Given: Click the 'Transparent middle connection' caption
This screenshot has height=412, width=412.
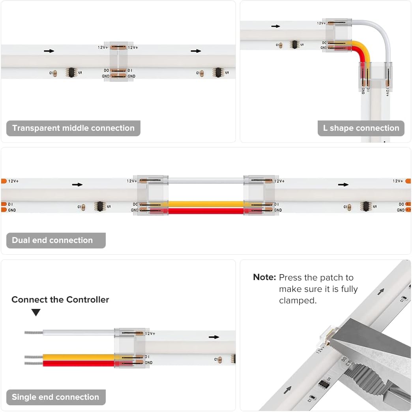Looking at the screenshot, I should click(73, 128).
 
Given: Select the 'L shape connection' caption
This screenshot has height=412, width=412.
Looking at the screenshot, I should click(361, 128).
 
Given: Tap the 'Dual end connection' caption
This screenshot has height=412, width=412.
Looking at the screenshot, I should click(52, 241).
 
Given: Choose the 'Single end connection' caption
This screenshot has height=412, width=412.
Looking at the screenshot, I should click(56, 397).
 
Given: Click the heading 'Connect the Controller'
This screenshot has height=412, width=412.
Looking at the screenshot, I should click(60, 300).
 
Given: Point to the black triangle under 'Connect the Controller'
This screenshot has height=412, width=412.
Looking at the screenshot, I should click(36, 312).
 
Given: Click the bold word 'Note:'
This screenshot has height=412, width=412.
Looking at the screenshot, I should click(264, 278).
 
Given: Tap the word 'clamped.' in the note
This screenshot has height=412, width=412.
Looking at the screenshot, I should click(298, 301).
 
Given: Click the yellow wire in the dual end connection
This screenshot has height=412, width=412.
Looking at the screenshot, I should click(206, 204).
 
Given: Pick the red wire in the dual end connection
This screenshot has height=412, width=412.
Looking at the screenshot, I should click(206, 211).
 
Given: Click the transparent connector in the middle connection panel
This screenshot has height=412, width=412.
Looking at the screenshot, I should click(118, 61).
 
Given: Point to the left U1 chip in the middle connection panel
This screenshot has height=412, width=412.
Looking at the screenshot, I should click(71, 72).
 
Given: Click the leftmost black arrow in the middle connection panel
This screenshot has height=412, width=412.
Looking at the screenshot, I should click(49, 51).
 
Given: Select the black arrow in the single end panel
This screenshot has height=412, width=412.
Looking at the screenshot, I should click(214, 337).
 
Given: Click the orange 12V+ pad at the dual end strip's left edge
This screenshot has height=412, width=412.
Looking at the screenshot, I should click(4, 181).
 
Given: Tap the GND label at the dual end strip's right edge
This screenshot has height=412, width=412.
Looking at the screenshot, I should click(401, 210).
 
